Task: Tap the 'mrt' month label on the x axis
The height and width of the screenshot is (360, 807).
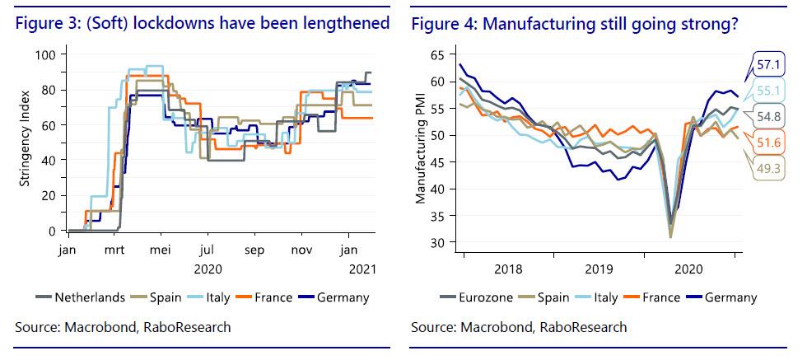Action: (x=113, y=249)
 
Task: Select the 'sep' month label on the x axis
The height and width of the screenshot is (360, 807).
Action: (x=254, y=249)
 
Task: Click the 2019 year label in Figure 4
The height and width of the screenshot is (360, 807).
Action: (x=600, y=268)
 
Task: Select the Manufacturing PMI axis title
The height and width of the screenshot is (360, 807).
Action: (x=421, y=147)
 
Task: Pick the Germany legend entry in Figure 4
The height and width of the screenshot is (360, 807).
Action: (x=729, y=297)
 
